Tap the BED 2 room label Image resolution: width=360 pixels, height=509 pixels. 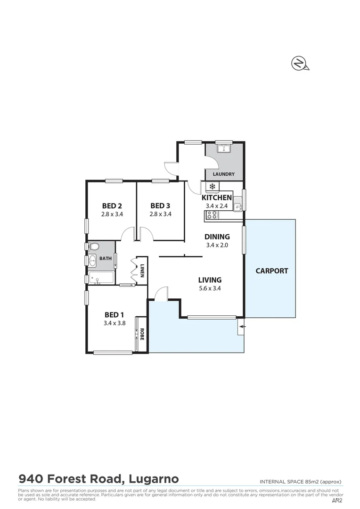pos(112,205)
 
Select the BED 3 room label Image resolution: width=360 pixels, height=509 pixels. pos(160,205)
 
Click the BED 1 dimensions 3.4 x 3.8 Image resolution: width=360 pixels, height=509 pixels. pos(115,323)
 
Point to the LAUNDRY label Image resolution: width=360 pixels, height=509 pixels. pos(224,174)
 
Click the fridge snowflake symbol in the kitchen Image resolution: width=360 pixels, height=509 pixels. pos(212,187)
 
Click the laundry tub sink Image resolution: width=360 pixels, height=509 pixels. pos(223,149)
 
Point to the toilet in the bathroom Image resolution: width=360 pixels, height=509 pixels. pos(93,246)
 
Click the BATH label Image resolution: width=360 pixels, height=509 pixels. pos(106,258)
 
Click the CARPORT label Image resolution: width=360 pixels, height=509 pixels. pos(271,271)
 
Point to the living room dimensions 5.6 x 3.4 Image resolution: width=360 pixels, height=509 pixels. pos(210,289)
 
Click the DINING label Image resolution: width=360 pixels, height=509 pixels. pos(217,237)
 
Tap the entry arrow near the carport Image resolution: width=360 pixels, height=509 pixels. pos(242,326)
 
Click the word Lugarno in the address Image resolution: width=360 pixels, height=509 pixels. pos(153,479)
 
